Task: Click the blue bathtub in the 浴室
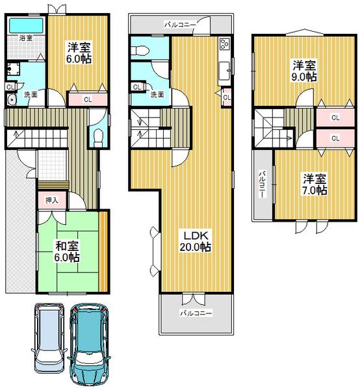coord(27,25)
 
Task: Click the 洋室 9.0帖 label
coord(304,70)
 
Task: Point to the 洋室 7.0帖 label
coord(313,185)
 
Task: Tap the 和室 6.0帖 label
coord(67,252)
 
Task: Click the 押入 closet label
coord(51,200)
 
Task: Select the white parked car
coord(49,337)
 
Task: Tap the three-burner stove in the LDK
coord(224,45)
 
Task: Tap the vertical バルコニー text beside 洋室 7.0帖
coord(263,184)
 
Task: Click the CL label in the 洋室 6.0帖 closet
coord(88,100)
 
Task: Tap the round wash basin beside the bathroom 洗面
coord(11,99)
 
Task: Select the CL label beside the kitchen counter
coord(226,97)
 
